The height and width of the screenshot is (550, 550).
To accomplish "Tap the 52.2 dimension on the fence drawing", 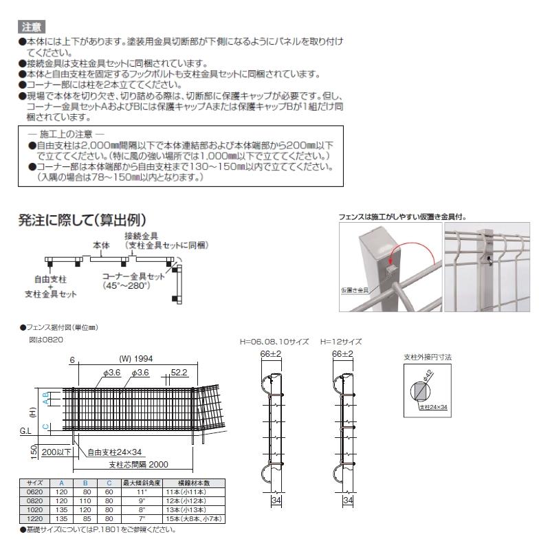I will click(178, 372).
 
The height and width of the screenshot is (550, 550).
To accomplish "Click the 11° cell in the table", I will click(140, 492).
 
